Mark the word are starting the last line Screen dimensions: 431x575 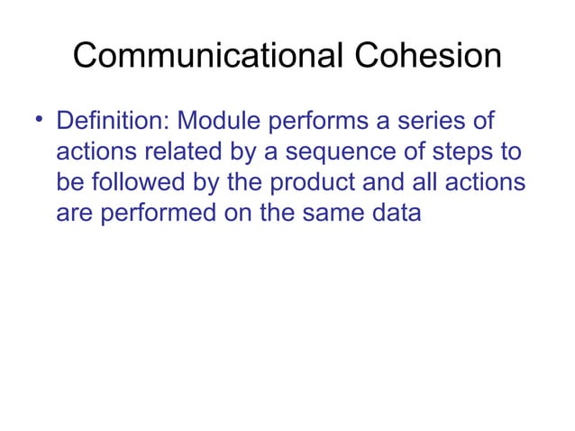[x=73, y=215]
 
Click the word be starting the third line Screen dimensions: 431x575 [x=68, y=183]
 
